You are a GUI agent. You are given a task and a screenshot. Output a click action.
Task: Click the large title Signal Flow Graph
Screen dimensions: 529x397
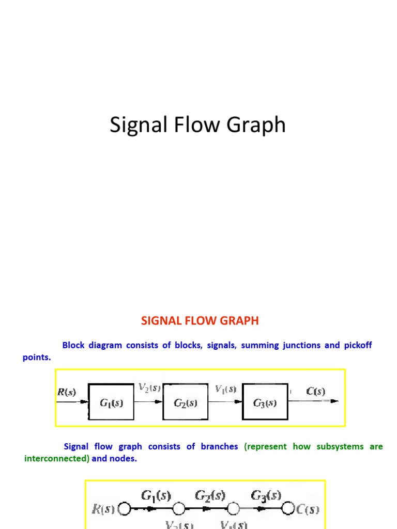197,126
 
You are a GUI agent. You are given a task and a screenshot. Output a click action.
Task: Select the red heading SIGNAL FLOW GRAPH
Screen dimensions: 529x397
200,321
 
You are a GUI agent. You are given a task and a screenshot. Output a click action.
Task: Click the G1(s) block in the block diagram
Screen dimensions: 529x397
111,402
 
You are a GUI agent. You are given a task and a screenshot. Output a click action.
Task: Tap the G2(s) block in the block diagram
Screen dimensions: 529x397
186,402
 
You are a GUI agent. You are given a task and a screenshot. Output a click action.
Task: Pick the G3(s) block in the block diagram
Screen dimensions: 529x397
265,402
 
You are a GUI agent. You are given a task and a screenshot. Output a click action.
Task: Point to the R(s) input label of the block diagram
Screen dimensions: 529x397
66,392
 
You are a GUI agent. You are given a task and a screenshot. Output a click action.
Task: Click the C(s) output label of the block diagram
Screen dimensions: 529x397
316,392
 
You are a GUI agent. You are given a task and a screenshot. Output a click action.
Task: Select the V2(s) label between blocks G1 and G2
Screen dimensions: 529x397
149,388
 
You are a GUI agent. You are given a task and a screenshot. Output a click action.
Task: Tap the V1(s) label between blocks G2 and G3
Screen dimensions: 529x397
225,388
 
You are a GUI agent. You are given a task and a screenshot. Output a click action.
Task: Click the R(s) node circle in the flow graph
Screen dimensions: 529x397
125,509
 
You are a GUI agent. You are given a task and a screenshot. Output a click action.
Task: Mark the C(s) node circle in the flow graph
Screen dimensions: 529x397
288,509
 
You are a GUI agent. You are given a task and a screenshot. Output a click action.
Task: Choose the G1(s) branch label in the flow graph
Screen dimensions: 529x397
156,496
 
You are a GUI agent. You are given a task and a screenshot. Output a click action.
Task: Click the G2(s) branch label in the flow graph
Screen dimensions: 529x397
210,496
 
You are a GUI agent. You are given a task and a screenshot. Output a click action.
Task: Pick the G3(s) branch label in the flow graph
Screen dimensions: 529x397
266,496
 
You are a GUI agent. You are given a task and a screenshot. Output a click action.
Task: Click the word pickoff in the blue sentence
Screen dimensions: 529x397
358,345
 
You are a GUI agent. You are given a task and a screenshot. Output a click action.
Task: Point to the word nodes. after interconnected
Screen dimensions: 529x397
124,459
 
